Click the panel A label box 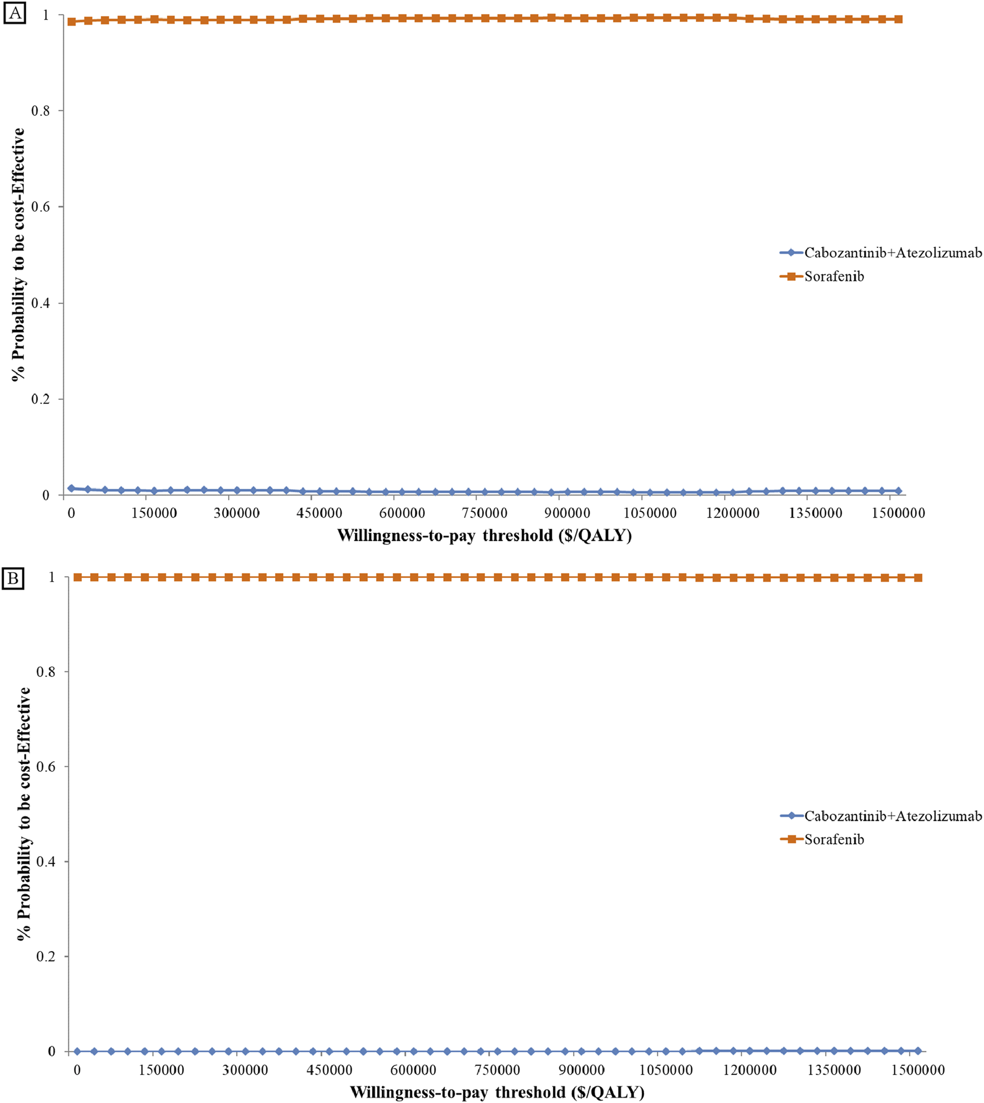point(14,13)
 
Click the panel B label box point(14,578)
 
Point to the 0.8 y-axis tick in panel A point(41,111)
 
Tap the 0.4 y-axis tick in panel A point(41,303)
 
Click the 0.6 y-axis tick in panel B point(46,767)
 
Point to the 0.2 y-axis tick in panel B point(46,956)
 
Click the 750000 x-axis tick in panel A point(485,513)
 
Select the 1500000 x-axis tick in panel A point(898,513)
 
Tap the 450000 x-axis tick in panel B point(329,1070)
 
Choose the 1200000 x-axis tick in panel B point(750,1070)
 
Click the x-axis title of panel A point(484,536)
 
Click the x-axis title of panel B point(497,1092)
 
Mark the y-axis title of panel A point(18,255)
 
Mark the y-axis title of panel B point(24,815)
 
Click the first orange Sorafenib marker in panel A point(72,22)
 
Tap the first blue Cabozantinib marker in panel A point(71,488)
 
